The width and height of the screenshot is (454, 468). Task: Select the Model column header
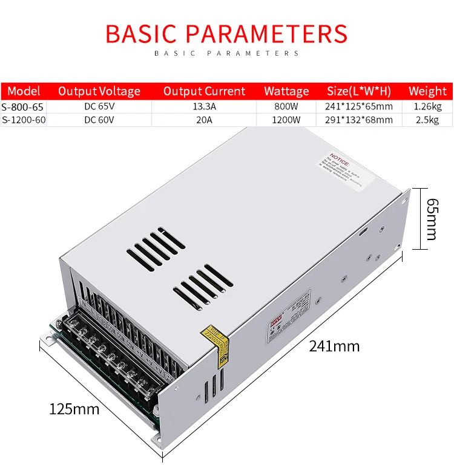pos(24,91)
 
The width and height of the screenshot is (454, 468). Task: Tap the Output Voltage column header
pos(99,91)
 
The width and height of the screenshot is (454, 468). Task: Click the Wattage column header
pos(286,91)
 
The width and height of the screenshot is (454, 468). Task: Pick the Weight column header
pos(427,91)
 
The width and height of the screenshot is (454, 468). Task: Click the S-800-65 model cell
pos(23,106)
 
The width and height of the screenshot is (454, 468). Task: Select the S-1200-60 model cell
pos(24,120)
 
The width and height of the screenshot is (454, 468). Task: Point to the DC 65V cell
pos(99,106)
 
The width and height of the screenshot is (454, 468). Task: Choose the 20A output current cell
pos(204,120)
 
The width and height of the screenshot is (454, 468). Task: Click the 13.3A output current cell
pos(204,106)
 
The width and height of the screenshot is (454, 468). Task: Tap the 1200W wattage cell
pos(286,120)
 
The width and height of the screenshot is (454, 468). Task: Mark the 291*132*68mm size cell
pos(360,120)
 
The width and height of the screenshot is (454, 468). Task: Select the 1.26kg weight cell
pos(427,106)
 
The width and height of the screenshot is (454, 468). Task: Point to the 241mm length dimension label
pos(334,346)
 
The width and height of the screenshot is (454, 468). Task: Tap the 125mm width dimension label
pos(74,409)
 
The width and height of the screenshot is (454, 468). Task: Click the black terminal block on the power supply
pos(110,357)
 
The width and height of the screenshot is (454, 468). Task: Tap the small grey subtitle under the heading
pos(226,53)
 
